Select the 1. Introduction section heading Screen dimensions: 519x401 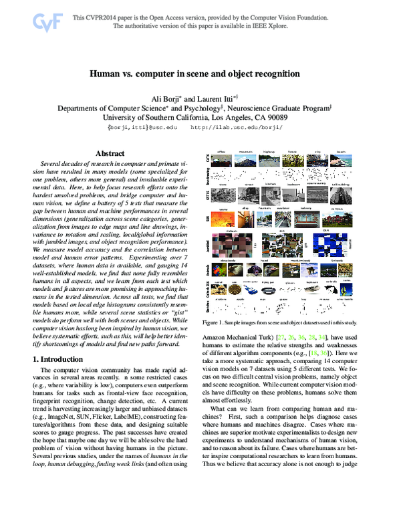coord(61,359)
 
